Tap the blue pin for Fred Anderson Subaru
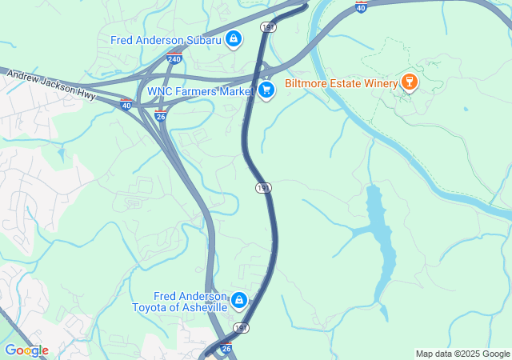pyautogui.click(x=233, y=38)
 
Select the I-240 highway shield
pyautogui.click(x=174, y=58)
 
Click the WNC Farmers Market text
pyautogui.click(x=200, y=91)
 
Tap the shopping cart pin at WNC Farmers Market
pyautogui.click(x=266, y=90)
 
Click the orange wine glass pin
pyautogui.click(x=410, y=82)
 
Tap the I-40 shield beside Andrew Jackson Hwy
pyautogui.click(x=126, y=104)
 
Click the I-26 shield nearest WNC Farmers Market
pyautogui.click(x=161, y=117)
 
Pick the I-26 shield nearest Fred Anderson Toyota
pyautogui.click(x=226, y=349)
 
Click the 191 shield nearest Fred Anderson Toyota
pyautogui.click(x=241, y=328)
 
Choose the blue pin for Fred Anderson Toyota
pyautogui.click(x=238, y=301)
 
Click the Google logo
pyautogui.click(x=26, y=350)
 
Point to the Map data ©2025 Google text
pyautogui.click(x=462, y=354)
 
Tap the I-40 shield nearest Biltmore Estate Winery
pyautogui.click(x=362, y=6)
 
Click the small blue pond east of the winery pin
pyautogui.click(x=465, y=109)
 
